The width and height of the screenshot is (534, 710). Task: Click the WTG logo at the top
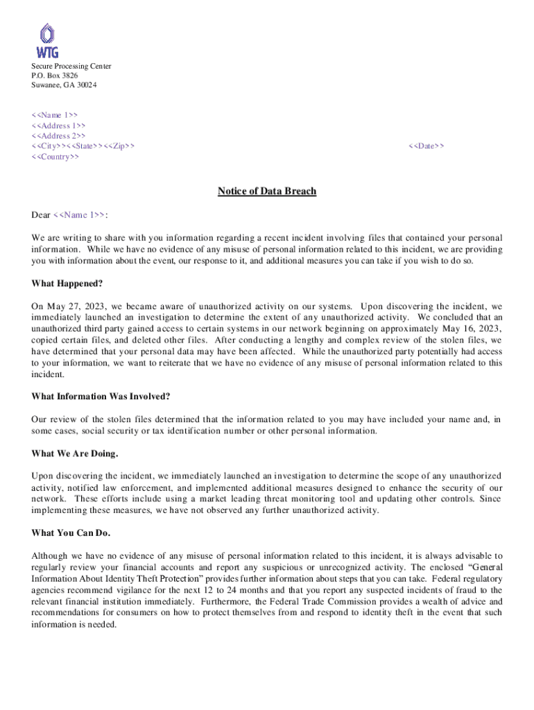[x=47, y=41]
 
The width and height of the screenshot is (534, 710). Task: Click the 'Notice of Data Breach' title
[x=267, y=191]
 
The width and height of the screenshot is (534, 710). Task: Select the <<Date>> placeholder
[x=427, y=146]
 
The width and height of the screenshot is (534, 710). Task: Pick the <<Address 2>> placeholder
[x=58, y=136]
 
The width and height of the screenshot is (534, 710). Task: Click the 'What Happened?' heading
[x=67, y=283]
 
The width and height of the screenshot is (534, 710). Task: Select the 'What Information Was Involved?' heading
[x=101, y=397]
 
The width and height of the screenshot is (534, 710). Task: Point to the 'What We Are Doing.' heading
[x=75, y=453]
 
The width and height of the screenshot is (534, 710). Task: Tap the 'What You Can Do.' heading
[x=71, y=533]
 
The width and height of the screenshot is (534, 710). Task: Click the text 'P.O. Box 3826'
[x=54, y=76]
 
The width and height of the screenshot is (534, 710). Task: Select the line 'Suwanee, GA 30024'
[x=64, y=85]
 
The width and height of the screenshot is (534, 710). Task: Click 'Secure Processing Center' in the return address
[x=71, y=66]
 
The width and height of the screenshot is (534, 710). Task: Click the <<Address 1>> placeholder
[x=58, y=125]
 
